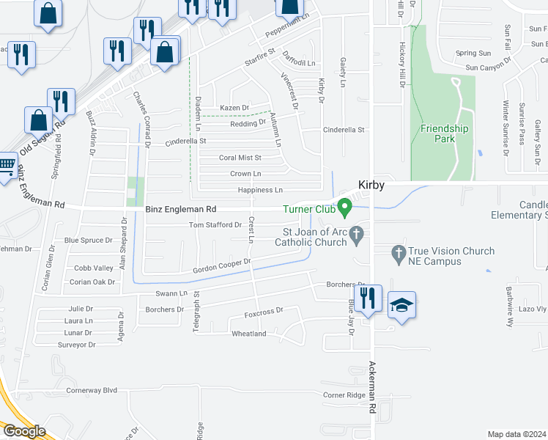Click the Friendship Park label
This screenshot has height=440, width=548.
[x=444, y=133]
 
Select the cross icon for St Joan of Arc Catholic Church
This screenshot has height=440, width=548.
[x=357, y=235]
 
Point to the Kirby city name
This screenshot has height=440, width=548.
[x=371, y=186]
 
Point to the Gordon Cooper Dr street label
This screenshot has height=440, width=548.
[x=222, y=266]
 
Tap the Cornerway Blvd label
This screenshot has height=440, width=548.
[x=92, y=390]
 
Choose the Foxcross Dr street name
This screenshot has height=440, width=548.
[x=264, y=312]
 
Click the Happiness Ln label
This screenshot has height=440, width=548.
[x=260, y=191]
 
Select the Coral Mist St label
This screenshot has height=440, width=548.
[x=240, y=158]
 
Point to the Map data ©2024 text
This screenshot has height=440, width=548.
[x=516, y=434]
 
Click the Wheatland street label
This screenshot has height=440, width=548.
[x=249, y=334]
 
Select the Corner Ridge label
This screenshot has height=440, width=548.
[x=344, y=395]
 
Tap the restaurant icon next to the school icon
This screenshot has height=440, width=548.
[x=369, y=298]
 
